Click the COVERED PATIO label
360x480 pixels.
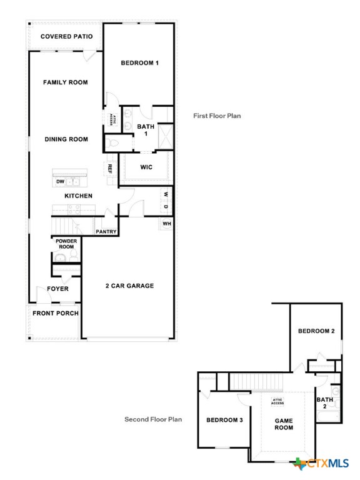[x=66, y=36]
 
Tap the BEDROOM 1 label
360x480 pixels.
[x=139, y=63]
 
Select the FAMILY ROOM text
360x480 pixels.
[x=65, y=82]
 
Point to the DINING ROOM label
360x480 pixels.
[x=66, y=139]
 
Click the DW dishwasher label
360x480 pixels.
[x=60, y=182]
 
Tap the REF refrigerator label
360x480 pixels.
[x=109, y=168]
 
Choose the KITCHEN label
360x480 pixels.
[x=78, y=196]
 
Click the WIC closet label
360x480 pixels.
[x=146, y=167]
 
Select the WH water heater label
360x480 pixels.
[x=166, y=224]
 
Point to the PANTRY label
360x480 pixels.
[x=106, y=232]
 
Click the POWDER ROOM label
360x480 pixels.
[x=65, y=244]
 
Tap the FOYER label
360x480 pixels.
[x=58, y=289]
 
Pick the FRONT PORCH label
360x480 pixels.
[x=56, y=313]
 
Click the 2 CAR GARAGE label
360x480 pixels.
[x=129, y=286]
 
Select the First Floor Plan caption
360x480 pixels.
[x=217, y=116]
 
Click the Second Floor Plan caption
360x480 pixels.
[x=153, y=419]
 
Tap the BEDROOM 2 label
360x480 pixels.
[x=316, y=331]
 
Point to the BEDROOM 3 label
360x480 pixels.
[x=224, y=420]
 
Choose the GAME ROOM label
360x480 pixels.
[x=284, y=424]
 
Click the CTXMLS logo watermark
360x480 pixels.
[x=322, y=464]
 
